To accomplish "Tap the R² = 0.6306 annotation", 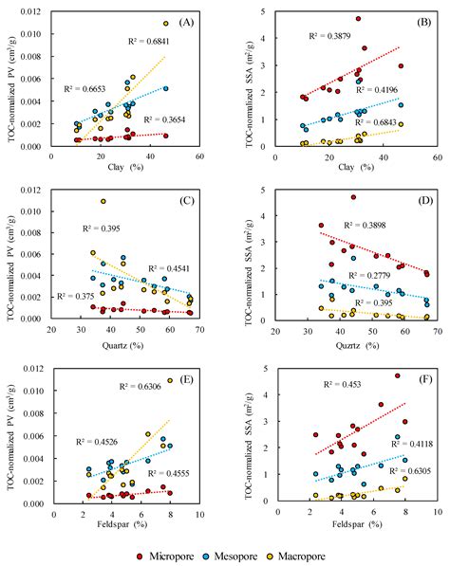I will click(x=139, y=388).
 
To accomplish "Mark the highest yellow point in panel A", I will click(x=165, y=24).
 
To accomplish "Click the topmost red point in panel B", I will click(x=358, y=18).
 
